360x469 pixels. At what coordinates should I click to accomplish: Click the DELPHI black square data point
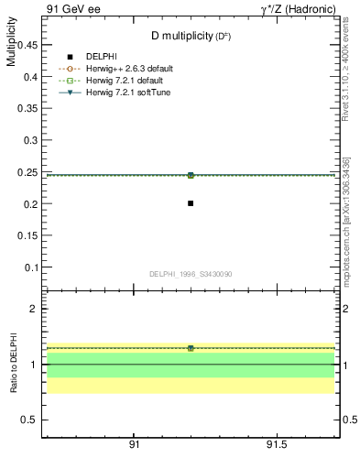(191, 203)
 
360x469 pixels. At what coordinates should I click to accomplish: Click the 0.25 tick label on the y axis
(27, 172)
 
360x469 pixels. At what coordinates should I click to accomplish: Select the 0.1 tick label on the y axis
(29, 267)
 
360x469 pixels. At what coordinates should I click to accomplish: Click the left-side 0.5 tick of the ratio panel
(29, 420)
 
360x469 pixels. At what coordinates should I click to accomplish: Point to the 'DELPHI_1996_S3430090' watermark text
(191, 274)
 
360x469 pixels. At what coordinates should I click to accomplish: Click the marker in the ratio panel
(191, 348)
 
